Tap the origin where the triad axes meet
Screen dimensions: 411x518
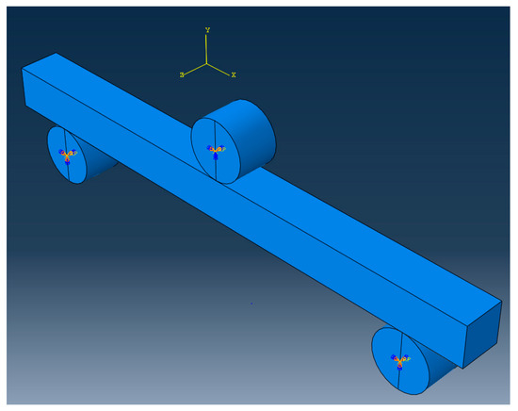point(207,64)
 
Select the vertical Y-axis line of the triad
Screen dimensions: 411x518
point(207,50)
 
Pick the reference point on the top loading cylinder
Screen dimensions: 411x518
point(215,151)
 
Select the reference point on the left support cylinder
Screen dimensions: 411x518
point(67,154)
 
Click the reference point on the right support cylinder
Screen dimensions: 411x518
point(400,361)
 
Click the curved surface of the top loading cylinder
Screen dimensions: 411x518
point(250,132)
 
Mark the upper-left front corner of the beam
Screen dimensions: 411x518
point(22,68)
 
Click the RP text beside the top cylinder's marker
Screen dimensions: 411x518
point(223,149)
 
